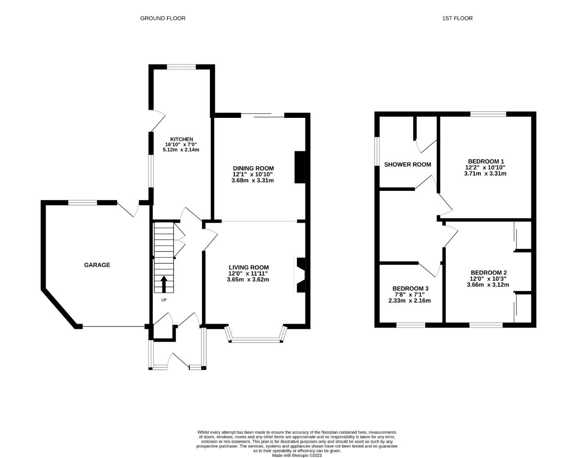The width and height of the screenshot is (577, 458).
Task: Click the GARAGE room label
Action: (x=97, y=265)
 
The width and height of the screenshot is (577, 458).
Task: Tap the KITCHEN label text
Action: (x=182, y=139)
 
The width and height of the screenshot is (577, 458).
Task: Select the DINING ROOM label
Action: (x=253, y=168)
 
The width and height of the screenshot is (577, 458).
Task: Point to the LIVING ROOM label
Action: (x=249, y=268)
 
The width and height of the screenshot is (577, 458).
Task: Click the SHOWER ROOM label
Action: (x=408, y=165)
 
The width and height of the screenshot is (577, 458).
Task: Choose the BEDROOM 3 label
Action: (x=410, y=289)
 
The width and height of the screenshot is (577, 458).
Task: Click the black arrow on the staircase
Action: (x=164, y=284)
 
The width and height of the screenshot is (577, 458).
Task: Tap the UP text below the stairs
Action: (x=164, y=300)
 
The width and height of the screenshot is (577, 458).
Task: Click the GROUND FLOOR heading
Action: (x=163, y=18)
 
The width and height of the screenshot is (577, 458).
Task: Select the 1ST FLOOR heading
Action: (x=457, y=18)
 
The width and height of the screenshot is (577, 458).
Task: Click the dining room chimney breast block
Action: (x=300, y=167)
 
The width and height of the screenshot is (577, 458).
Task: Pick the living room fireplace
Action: (x=300, y=275)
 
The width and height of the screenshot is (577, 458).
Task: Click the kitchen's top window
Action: (x=182, y=67)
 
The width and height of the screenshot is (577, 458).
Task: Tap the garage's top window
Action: (x=82, y=203)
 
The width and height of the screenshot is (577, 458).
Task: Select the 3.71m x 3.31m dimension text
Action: (x=485, y=173)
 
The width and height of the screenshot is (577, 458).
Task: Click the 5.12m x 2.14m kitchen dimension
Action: (x=181, y=150)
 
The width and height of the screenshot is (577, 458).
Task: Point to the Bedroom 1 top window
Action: (x=488, y=114)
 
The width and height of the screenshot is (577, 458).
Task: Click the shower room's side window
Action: (x=377, y=151)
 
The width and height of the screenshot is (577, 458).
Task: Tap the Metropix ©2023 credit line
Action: (x=297, y=455)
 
